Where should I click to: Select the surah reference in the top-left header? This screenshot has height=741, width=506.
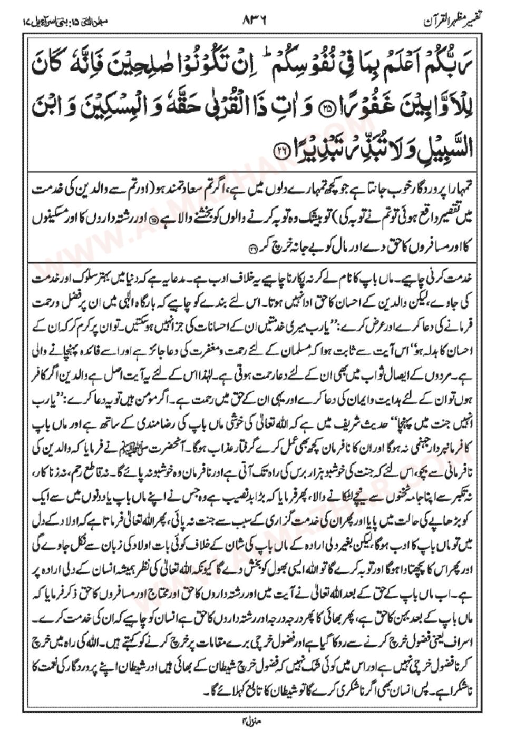pos(58,22)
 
